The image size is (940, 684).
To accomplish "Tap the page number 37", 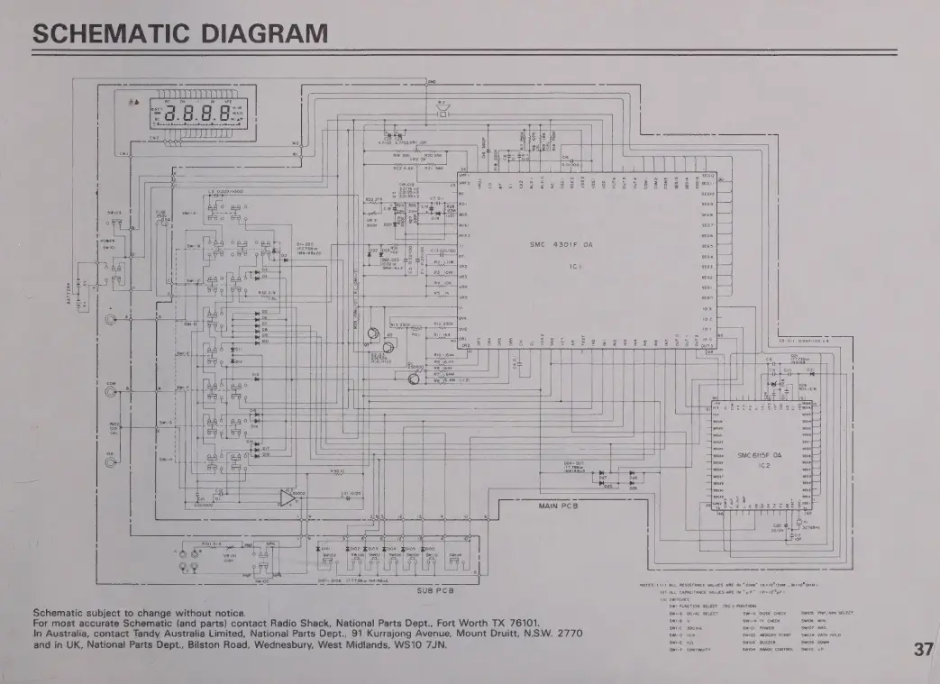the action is point(921,650).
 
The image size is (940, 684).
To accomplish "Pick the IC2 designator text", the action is point(763,466).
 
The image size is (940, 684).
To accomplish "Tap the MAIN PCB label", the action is point(557,506).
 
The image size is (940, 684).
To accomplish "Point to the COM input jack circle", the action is point(111,392).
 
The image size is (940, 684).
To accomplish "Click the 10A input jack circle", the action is point(111,462).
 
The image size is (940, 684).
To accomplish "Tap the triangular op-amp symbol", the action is point(287,497).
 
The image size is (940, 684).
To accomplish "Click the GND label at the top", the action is point(432,82).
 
